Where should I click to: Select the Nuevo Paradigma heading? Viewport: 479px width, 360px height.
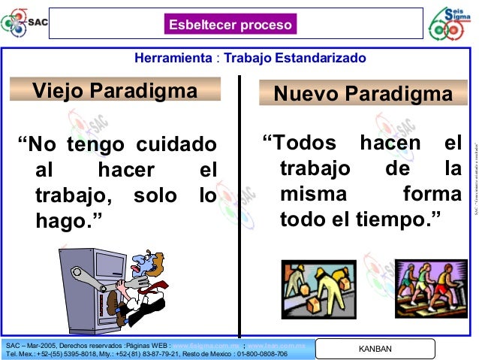363,95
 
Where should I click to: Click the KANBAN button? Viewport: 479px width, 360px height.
375,349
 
